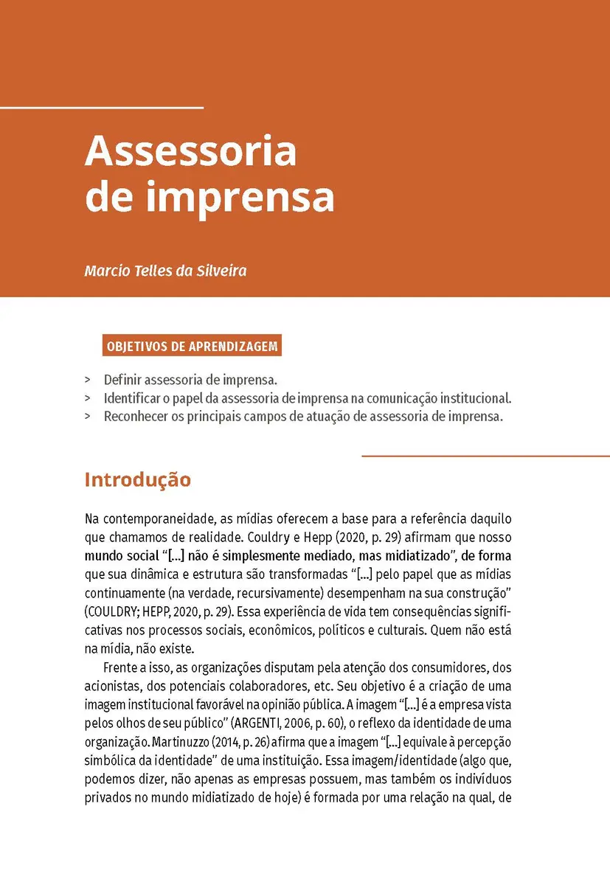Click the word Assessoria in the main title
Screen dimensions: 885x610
[190, 152]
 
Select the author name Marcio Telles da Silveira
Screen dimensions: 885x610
[165, 271]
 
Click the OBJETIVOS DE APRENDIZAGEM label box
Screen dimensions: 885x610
[192, 346]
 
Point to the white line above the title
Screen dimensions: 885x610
[101, 108]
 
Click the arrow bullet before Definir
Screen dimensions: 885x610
[88, 381]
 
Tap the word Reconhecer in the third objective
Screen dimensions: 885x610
[138, 416]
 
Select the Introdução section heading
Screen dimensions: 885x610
[138, 480]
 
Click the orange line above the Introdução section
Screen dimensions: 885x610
[485, 457]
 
